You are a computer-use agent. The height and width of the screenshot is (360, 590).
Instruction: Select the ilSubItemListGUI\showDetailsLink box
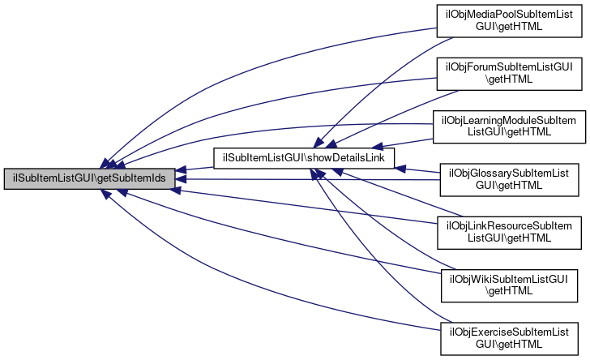click(x=303, y=157)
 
